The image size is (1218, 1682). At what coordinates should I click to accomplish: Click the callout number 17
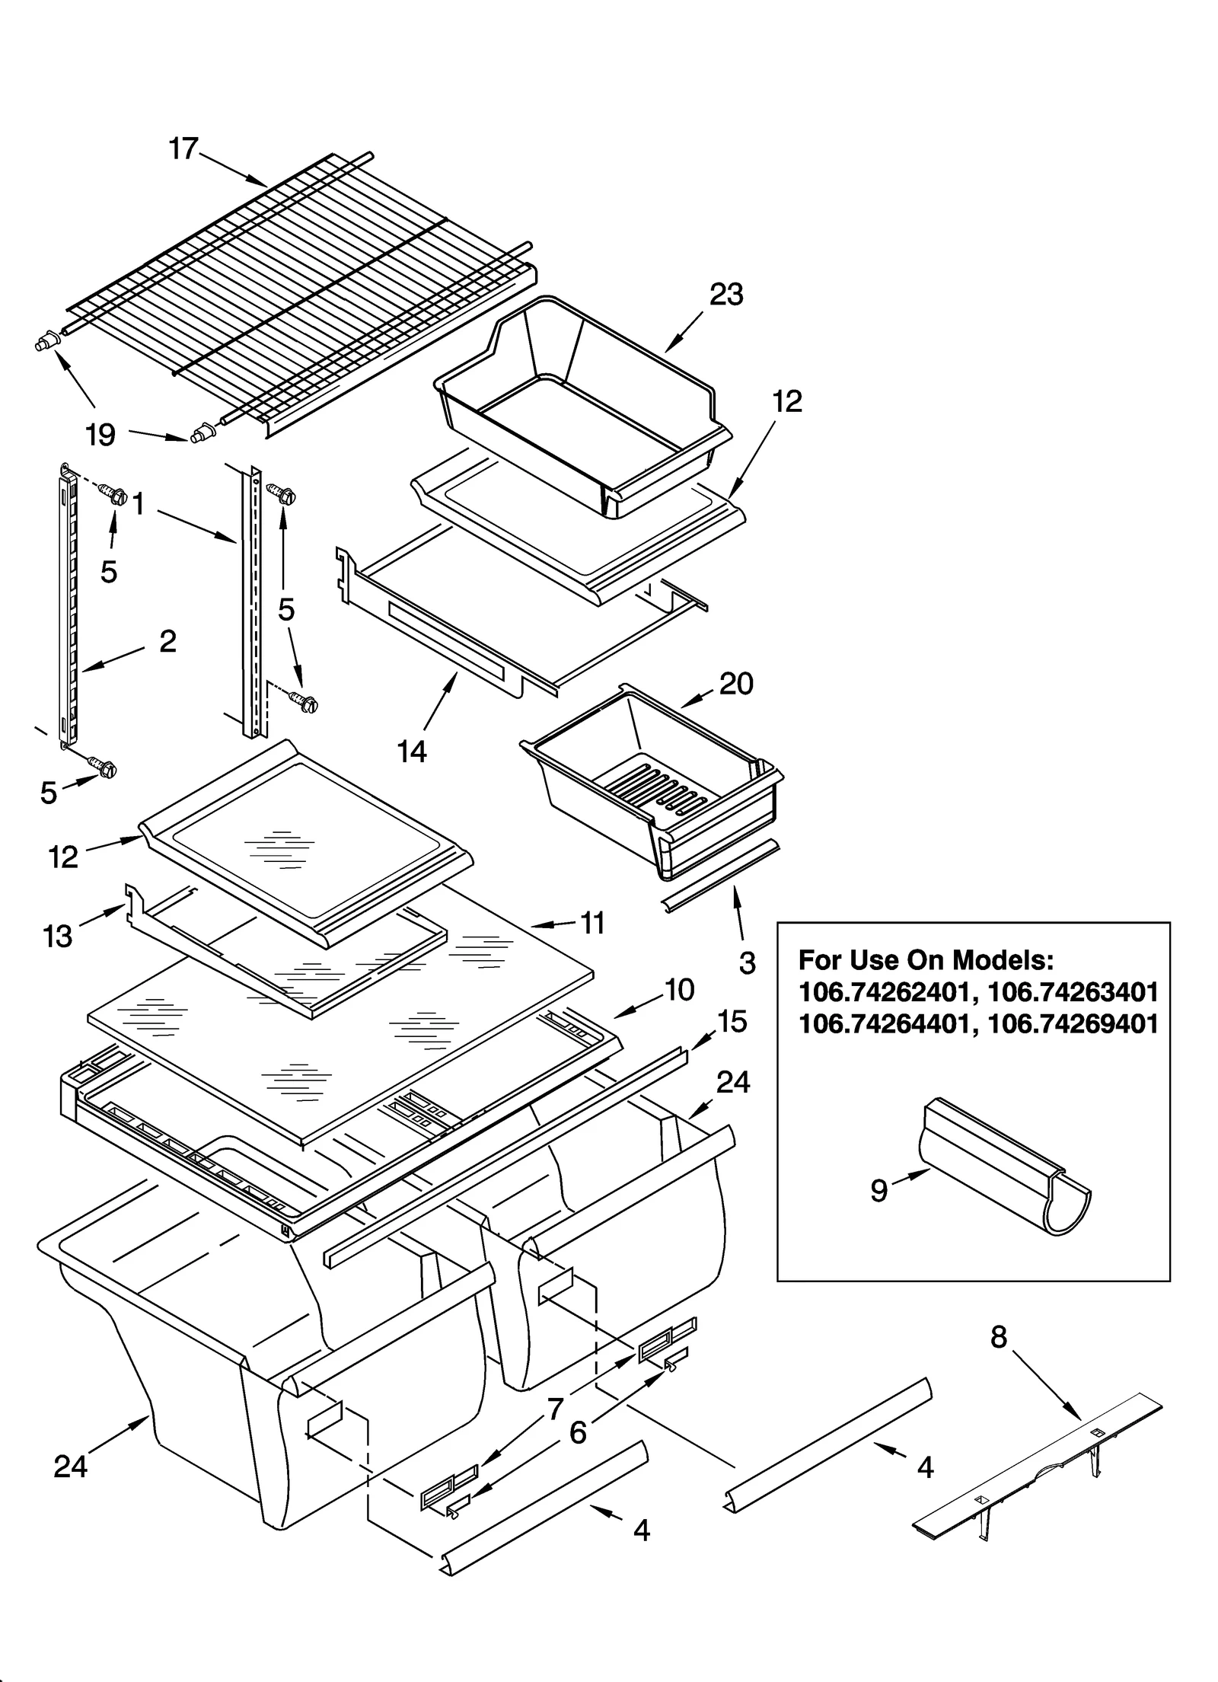pos(183,148)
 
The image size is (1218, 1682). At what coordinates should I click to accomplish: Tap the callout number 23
pos(725,295)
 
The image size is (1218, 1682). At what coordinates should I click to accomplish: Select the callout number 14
pos(411,752)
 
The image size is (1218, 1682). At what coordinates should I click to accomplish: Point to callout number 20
pos(735,683)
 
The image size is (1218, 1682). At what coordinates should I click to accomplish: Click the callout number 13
pos(58,936)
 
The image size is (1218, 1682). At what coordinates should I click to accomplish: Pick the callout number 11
pos(592,923)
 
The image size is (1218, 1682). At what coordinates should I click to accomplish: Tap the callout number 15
pos(732,1022)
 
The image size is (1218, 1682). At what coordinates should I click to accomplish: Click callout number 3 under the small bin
pos(747,963)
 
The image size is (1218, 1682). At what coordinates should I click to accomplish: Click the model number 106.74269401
pos(1072,1024)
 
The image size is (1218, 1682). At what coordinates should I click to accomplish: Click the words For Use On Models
pos(926,960)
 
